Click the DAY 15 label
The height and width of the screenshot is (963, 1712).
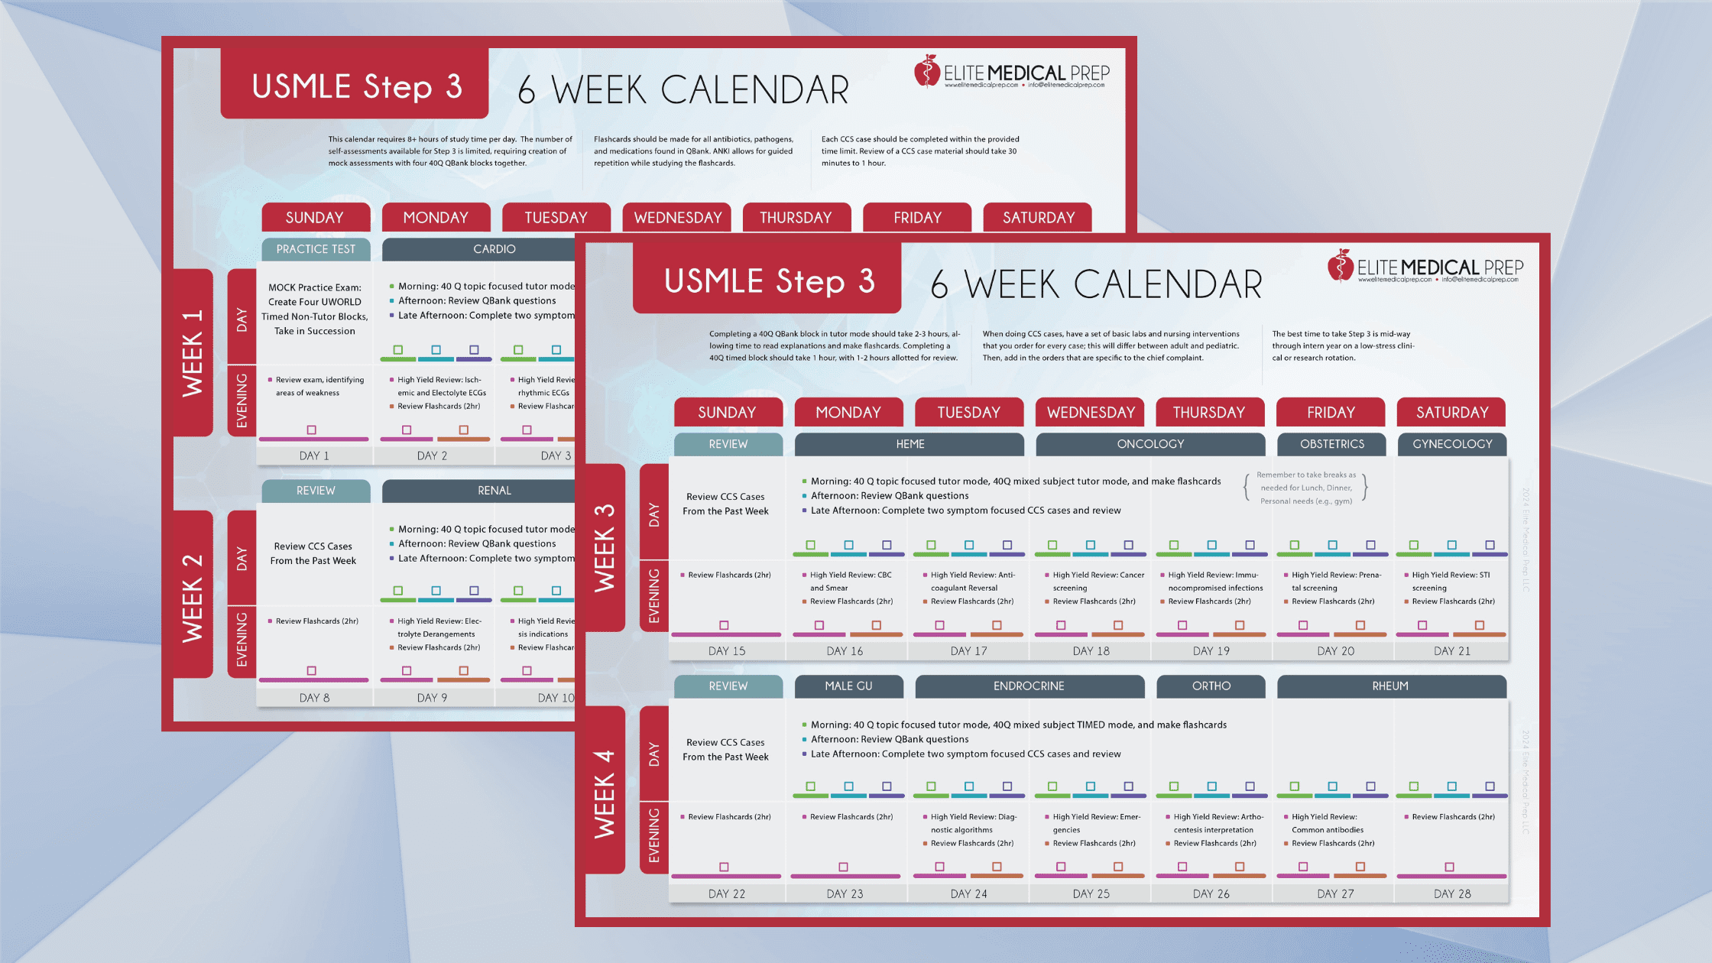pos(726,651)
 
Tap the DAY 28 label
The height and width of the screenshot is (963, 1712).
pos(1451,893)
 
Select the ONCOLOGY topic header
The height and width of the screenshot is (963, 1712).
pos(1150,444)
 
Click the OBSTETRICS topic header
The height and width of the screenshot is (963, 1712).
pos(1331,444)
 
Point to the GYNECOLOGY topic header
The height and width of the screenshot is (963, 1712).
pos(1451,444)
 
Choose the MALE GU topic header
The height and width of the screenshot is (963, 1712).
pos(848,686)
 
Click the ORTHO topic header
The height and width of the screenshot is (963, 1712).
pos(1211,686)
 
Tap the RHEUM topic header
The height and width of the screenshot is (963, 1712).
pos(1390,686)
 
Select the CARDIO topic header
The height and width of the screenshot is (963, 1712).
pos(494,249)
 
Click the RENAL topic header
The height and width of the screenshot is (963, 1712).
pos(494,491)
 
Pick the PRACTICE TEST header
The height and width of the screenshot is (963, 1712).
pos(316,249)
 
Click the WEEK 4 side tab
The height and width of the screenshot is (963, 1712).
pos(605,793)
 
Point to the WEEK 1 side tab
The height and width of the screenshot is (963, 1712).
pos(193,353)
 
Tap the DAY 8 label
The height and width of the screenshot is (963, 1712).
pos(314,698)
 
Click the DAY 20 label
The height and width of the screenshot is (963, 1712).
pos(1335,651)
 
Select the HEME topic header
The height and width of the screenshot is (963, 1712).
pos(909,444)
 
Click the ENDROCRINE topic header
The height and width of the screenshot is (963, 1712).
pos(1029,686)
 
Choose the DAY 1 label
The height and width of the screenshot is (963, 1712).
pos(314,456)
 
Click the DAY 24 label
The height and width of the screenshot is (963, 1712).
pos(968,893)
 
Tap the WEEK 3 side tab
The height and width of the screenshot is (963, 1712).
pos(605,547)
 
